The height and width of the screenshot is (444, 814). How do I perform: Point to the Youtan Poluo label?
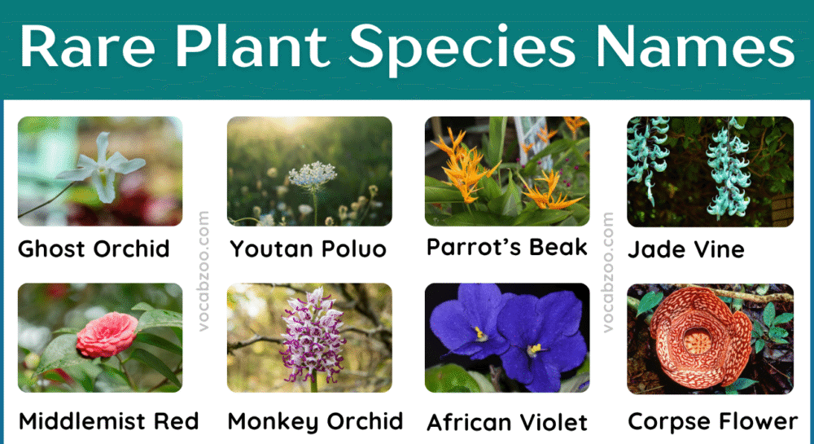[x=308, y=248]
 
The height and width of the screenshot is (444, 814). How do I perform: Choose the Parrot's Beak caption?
[x=506, y=247]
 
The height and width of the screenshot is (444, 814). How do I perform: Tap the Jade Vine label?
[x=686, y=248]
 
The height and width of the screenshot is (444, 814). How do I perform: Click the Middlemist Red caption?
[x=108, y=421]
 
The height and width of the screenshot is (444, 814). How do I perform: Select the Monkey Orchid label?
[x=315, y=421]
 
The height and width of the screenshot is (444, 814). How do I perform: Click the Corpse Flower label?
[x=713, y=421]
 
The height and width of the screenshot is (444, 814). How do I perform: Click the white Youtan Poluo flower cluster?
[x=312, y=174]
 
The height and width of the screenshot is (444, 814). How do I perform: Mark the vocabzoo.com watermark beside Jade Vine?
[x=608, y=272]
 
